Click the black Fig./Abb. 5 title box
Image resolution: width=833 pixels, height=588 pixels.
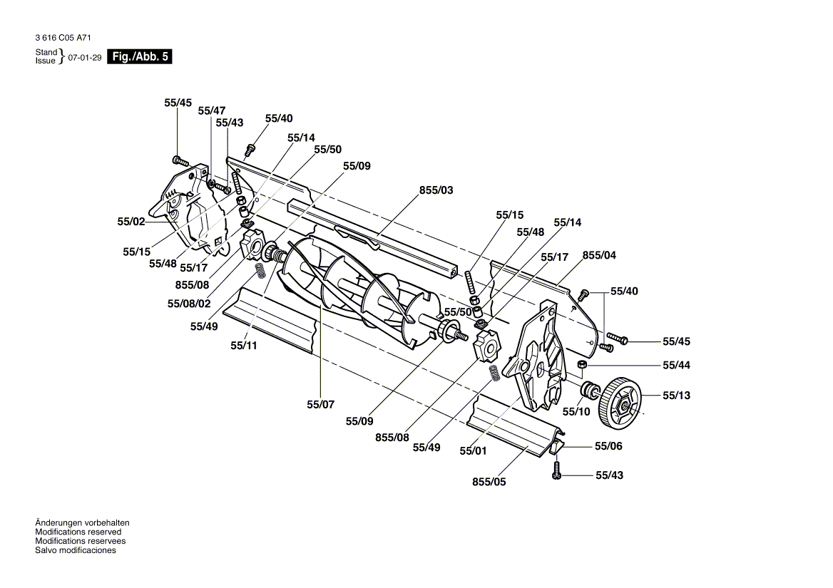140,57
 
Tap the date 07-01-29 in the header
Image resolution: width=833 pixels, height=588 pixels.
84,57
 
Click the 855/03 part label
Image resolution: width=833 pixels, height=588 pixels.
436,190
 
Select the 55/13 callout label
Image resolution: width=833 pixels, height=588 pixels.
676,396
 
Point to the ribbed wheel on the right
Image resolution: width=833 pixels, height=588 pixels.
620,403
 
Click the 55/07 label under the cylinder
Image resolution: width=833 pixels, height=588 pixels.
320,404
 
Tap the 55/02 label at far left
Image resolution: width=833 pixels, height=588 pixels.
131,221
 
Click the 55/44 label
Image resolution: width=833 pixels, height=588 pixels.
676,365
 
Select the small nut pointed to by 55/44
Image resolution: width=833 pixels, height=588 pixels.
582,365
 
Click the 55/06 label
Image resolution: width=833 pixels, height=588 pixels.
608,445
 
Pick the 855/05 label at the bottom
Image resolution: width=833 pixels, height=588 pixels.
489,482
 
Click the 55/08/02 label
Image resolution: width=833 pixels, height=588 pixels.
188,304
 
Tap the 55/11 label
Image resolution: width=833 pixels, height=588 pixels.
243,346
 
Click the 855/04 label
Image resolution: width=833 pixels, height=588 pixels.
599,255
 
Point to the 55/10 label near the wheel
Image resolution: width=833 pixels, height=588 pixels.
576,411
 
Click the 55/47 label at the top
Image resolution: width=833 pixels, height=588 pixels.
211,110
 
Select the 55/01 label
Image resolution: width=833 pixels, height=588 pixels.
473,450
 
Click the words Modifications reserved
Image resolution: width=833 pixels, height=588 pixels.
78,532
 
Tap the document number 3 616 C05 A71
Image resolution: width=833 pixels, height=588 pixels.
63,38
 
